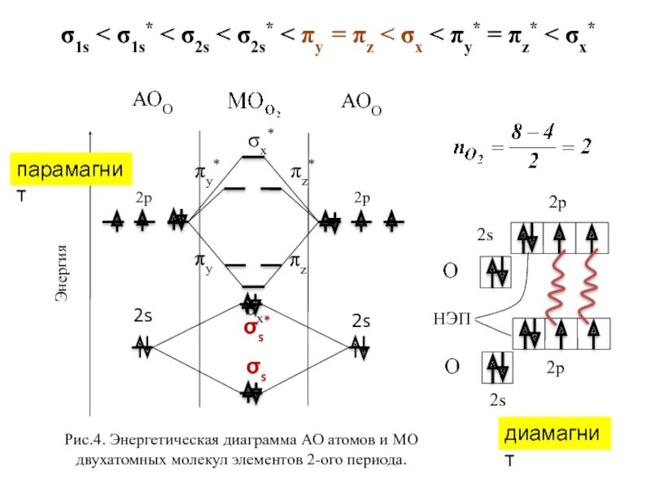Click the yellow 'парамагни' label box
[x=70, y=172]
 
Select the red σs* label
[x=256, y=329]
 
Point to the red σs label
[x=258, y=368]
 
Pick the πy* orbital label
[x=207, y=171]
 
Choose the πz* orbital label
[x=302, y=171]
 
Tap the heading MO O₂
[x=254, y=103]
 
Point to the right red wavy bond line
[x=588, y=285]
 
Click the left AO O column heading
[x=152, y=102]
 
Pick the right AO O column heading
[x=360, y=102]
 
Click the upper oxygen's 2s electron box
[x=495, y=271]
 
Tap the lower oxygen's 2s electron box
[x=495, y=367]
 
